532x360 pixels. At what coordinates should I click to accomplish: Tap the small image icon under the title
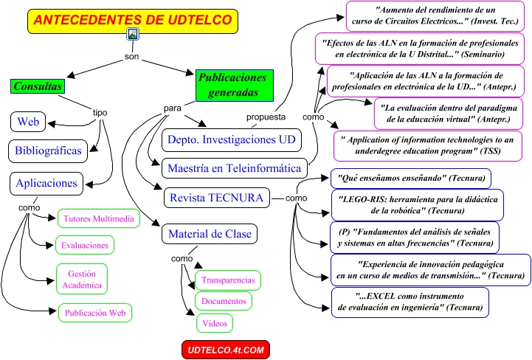[133, 34]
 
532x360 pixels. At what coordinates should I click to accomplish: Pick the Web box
[28, 121]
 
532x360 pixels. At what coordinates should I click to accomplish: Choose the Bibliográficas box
[55, 150]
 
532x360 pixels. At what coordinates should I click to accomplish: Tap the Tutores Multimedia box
[98, 219]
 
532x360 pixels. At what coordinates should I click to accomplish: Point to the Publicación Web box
[96, 313]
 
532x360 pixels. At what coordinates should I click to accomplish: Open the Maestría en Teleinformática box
[235, 168]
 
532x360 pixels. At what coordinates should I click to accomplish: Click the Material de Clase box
[210, 235]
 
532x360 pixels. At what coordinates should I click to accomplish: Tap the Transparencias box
[228, 280]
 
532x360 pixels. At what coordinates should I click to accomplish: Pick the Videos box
[215, 322]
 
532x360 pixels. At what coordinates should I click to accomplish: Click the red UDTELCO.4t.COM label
[226, 348]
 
